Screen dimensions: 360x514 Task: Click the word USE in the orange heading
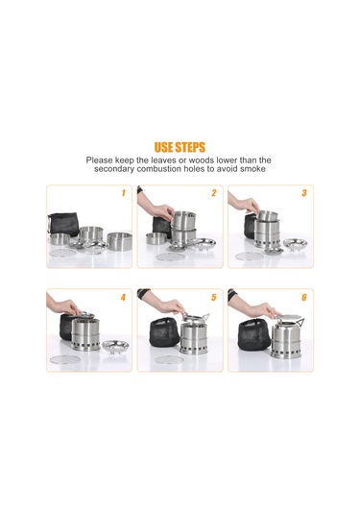(163, 148)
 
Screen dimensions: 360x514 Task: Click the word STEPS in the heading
(190, 148)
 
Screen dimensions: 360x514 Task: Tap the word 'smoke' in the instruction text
(252, 169)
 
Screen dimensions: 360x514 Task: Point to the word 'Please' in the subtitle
(98, 160)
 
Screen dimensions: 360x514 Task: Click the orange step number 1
(124, 193)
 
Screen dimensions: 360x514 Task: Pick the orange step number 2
(214, 193)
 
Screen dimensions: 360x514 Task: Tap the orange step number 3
(304, 193)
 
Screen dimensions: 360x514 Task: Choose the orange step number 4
(123, 297)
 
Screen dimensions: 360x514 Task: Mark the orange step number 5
(214, 297)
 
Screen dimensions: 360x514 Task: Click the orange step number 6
(304, 297)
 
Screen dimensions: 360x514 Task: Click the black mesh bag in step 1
(63, 224)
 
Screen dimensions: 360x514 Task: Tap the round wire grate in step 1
(63, 253)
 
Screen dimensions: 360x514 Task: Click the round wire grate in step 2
(170, 257)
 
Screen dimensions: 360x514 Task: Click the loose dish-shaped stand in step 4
(115, 346)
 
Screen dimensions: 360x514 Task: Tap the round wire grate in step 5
(169, 359)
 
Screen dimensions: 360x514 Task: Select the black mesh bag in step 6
(254, 334)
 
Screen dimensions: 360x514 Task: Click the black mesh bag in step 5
(165, 332)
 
